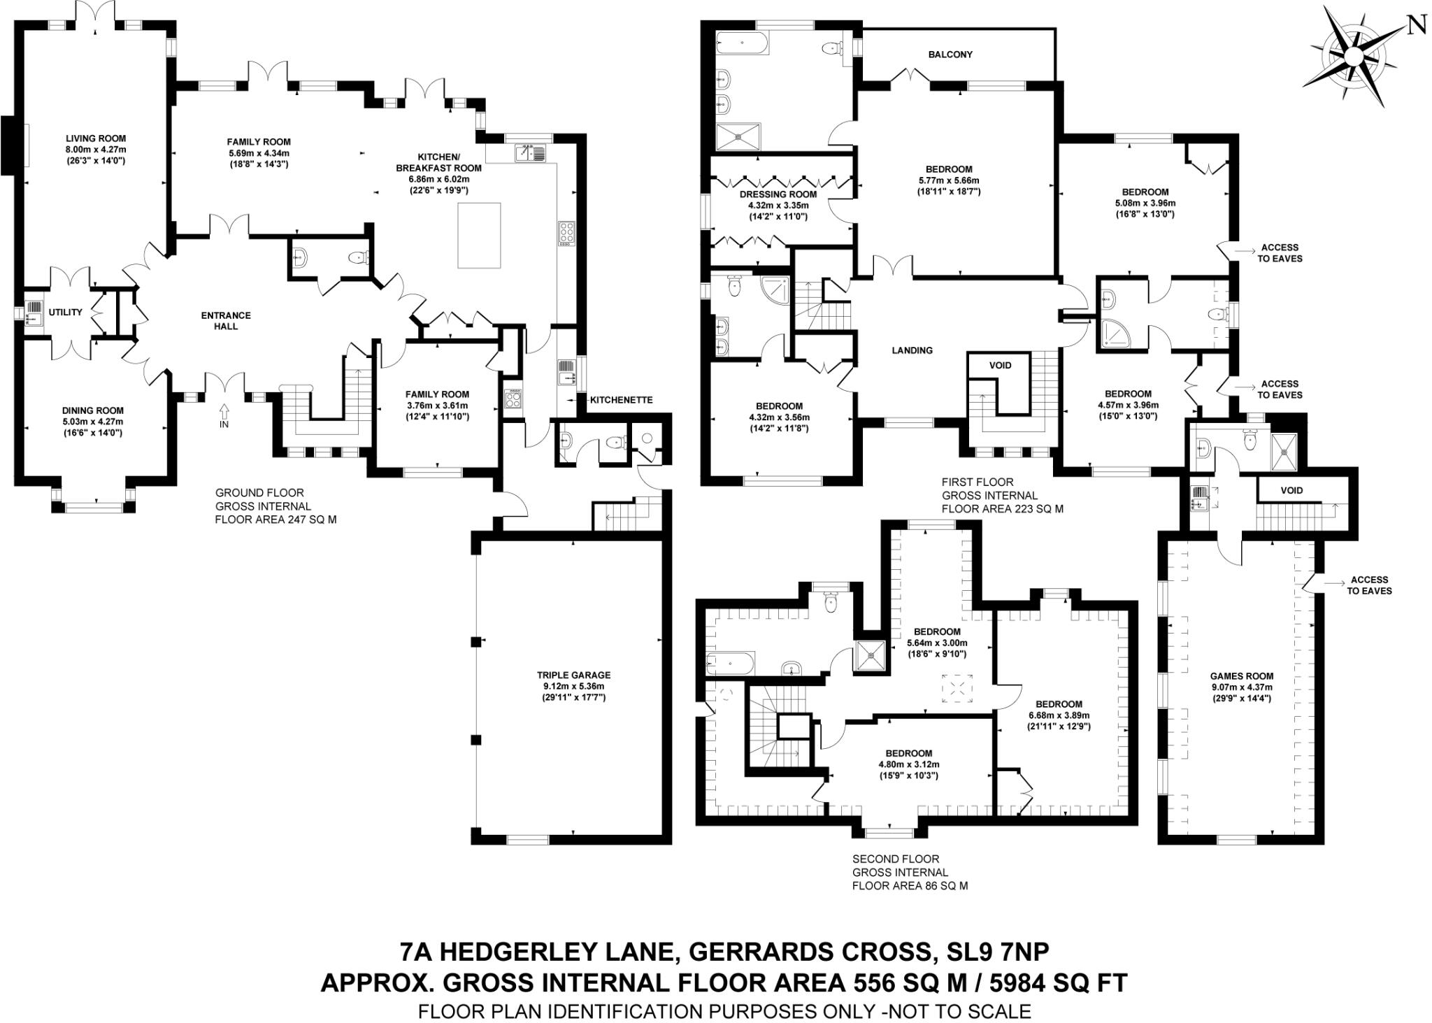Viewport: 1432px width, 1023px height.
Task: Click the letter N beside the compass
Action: click(1416, 26)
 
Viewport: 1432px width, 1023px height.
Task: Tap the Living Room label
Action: click(96, 138)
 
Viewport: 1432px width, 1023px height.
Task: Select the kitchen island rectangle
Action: click(479, 235)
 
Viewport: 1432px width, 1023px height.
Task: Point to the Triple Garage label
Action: click(573, 675)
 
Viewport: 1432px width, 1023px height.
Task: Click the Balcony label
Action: click(950, 55)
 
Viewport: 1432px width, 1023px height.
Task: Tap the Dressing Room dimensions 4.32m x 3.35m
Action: click(778, 206)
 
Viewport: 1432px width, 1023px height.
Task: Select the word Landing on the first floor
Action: click(912, 350)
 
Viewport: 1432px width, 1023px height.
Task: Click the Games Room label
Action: click(1241, 676)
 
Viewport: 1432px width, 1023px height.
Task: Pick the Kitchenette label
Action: click(621, 400)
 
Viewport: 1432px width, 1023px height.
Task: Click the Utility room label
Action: click(65, 313)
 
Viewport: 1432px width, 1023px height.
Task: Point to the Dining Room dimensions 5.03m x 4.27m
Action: click(92, 422)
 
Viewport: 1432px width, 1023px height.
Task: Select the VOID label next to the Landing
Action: click(999, 365)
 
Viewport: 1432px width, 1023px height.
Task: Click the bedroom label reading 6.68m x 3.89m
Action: click(1059, 715)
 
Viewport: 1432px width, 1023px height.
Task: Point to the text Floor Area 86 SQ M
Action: click(910, 885)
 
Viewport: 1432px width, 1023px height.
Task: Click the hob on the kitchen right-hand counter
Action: click(565, 233)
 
